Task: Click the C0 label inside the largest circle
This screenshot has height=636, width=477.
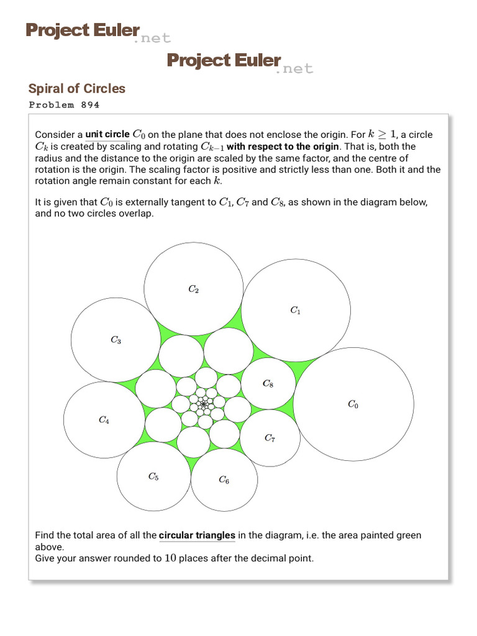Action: coord(352,405)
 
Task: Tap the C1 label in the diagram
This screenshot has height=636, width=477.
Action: coord(296,310)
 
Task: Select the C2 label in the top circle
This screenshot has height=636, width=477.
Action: coord(193,289)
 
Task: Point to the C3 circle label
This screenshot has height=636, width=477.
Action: coord(116,340)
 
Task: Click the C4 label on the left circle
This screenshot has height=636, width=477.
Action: coord(104,420)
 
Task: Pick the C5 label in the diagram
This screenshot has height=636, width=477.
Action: coord(153,476)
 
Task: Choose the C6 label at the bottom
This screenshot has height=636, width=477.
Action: coord(224,479)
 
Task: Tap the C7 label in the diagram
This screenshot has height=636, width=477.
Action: coord(270,438)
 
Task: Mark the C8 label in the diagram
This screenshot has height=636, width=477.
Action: coord(268,384)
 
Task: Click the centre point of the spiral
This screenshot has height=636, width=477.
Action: coord(202,405)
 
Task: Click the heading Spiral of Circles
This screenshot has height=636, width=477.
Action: coord(77,88)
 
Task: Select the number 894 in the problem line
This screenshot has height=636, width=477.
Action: coord(90,105)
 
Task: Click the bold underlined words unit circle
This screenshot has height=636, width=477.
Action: coord(107,134)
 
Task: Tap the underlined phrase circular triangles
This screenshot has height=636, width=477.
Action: coord(197,535)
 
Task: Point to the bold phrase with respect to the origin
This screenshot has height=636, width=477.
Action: coord(283,147)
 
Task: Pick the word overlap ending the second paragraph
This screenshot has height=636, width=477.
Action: coord(135,213)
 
